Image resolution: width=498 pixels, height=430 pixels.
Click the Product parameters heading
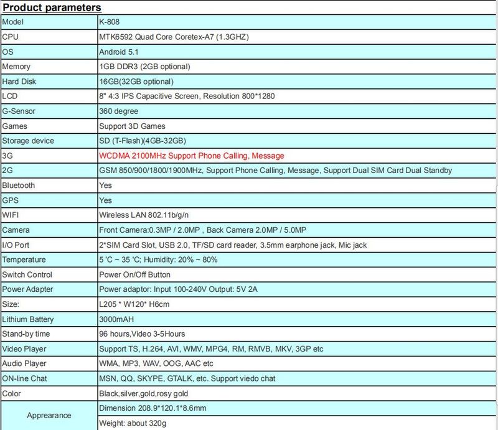point(52,7)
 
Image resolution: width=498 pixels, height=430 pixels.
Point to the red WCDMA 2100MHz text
point(191,156)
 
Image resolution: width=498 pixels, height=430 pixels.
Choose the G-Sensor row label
point(19,111)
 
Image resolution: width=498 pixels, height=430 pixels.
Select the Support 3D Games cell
point(132,126)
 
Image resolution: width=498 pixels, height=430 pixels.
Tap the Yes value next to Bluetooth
point(106,185)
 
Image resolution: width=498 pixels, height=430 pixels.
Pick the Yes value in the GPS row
point(106,200)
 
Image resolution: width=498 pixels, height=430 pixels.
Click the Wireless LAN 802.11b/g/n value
point(145,215)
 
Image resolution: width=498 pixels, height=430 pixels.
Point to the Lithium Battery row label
point(28,319)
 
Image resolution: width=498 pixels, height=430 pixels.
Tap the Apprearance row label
point(49,415)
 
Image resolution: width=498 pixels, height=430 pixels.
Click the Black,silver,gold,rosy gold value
point(144,393)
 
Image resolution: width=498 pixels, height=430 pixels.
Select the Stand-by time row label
point(27,334)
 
